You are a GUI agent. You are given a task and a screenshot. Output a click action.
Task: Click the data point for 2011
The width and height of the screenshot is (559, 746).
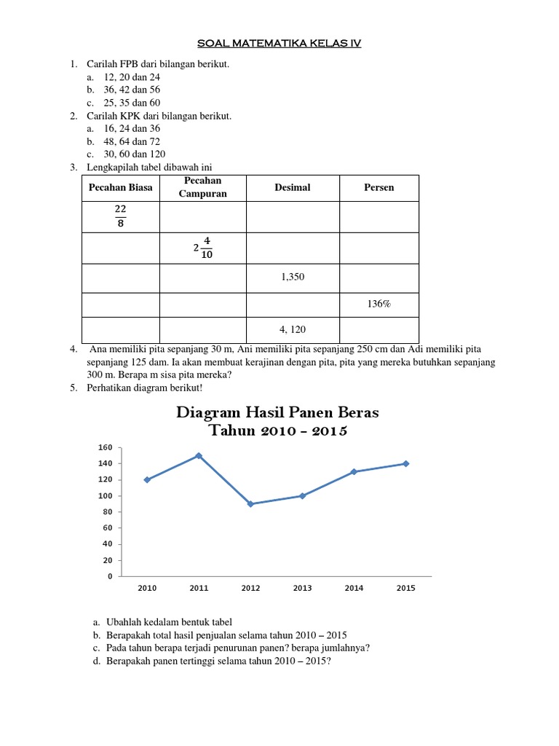(x=199, y=456)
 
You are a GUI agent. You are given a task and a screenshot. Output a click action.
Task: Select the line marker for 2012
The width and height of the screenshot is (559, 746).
(x=250, y=504)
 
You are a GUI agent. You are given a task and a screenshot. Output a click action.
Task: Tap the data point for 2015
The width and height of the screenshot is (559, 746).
(x=406, y=463)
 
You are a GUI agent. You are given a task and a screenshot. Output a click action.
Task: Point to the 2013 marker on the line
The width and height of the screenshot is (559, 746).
(x=302, y=496)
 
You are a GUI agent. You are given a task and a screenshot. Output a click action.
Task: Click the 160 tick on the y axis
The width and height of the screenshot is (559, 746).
(x=106, y=447)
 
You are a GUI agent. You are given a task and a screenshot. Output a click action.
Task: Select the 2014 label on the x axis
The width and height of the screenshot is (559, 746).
(x=354, y=589)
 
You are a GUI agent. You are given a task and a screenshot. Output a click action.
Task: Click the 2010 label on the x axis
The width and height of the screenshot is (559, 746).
(x=147, y=589)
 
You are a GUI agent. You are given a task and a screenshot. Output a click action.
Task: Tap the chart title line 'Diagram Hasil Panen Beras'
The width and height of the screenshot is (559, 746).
(x=277, y=413)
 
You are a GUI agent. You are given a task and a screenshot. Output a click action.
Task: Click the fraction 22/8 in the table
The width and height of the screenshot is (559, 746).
(x=120, y=216)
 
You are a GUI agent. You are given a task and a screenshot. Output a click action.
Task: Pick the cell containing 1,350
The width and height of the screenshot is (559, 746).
(x=292, y=278)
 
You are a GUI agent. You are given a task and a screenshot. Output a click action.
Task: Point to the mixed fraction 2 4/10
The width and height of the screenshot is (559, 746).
(x=203, y=248)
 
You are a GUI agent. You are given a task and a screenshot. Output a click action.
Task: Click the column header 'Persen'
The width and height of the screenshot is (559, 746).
(x=378, y=188)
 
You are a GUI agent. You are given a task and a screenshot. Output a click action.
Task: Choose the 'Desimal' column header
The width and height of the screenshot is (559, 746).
(x=292, y=188)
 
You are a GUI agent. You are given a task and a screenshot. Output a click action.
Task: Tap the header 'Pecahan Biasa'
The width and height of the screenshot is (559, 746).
(x=120, y=188)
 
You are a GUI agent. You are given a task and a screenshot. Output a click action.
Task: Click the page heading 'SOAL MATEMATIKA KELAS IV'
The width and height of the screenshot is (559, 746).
(x=279, y=44)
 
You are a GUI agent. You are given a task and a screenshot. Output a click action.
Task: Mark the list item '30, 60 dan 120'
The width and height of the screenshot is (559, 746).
(x=135, y=154)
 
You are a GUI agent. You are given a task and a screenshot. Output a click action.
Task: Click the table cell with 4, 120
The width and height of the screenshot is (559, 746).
(x=292, y=329)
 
